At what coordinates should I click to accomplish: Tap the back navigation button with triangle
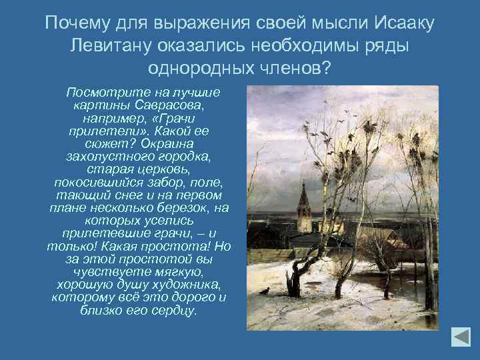click(460, 337)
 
